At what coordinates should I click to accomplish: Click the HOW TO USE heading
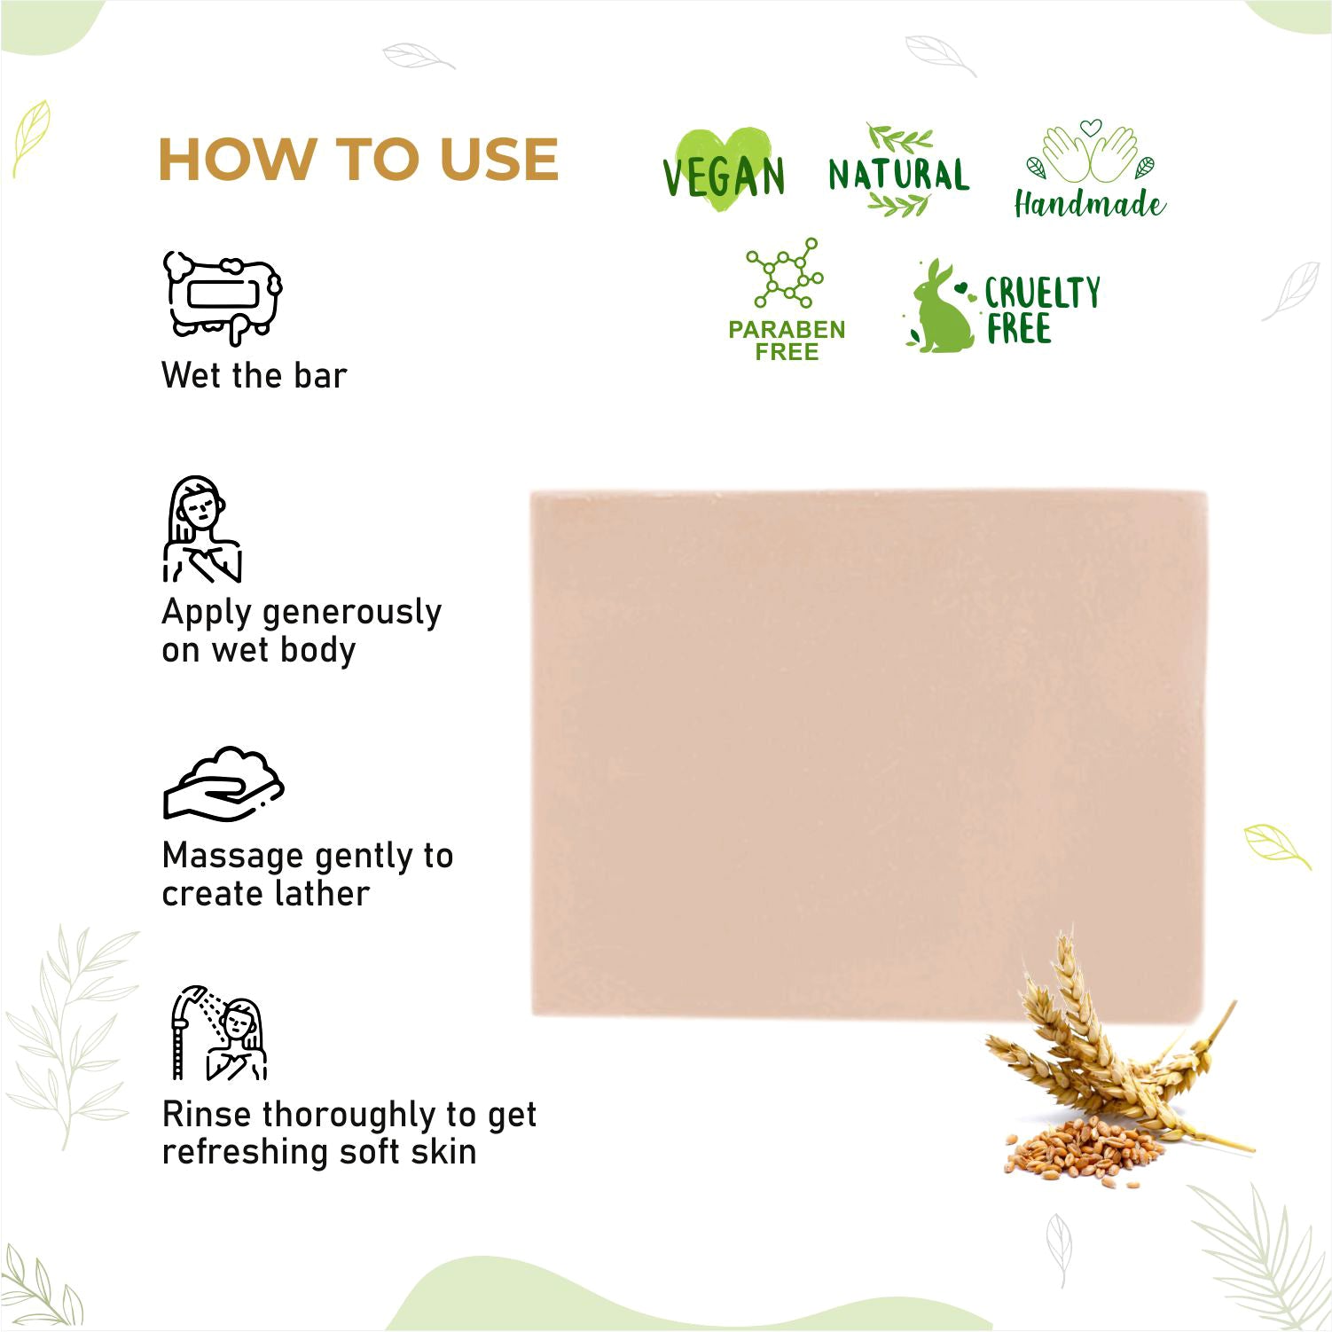coord(358,160)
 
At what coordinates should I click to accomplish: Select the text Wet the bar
coord(254,375)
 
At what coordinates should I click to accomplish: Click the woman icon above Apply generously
coord(202,529)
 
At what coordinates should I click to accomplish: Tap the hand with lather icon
coord(223,783)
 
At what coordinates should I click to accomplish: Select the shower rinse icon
coord(218,1032)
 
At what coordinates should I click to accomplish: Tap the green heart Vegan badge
coord(724,171)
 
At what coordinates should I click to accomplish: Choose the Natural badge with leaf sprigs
coord(898,171)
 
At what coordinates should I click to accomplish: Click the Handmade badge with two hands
coord(1090,168)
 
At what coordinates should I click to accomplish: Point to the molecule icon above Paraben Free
coord(785,273)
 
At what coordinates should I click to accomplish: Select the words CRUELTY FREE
coord(1042,310)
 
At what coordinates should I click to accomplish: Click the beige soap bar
coord(868,753)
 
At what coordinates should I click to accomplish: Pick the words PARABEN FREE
coord(787,341)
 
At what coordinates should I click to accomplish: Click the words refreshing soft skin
coord(319,1152)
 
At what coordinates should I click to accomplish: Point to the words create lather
coord(265,893)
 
